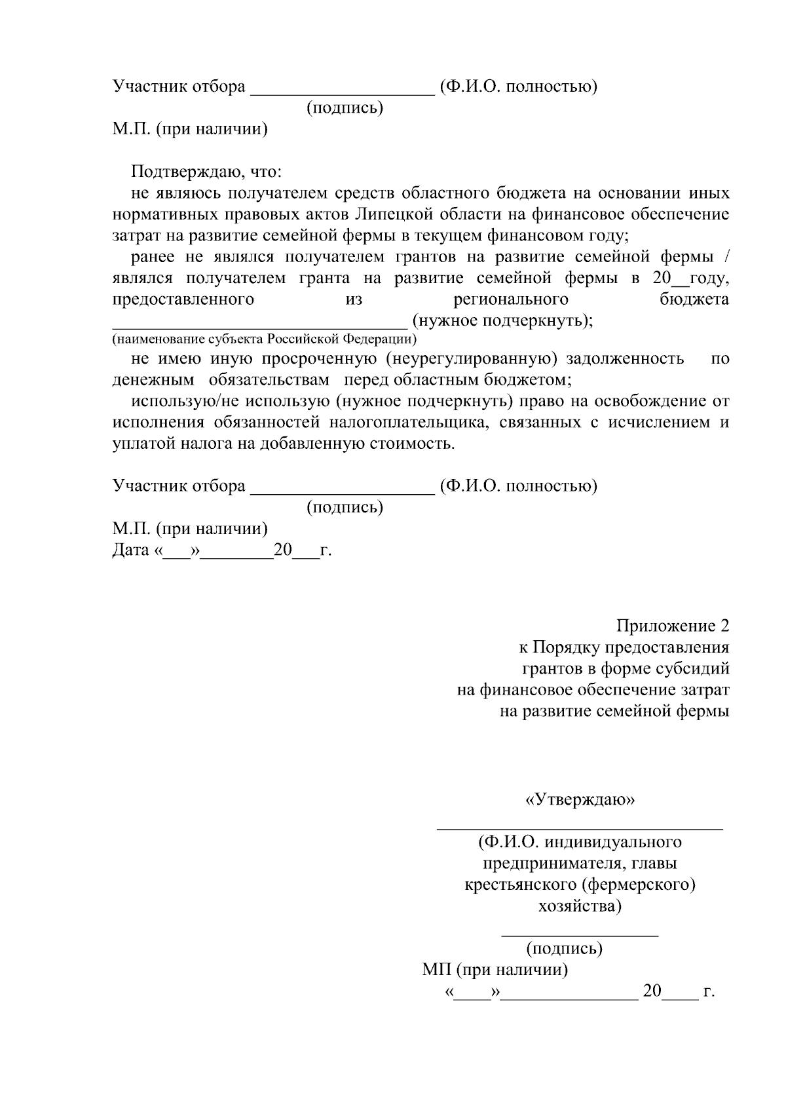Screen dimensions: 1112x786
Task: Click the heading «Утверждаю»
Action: pos(580,800)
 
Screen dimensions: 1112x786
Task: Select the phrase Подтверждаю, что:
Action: pos(206,172)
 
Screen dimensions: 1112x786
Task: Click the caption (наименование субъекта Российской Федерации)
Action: pos(264,339)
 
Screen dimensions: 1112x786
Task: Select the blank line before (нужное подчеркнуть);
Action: pos(259,326)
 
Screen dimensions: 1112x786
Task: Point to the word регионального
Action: pos(511,300)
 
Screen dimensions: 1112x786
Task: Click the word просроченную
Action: pos(324,359)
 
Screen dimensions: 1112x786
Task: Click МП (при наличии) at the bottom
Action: pos(495,970)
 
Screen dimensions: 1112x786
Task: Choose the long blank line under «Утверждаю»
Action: pos(580,828)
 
